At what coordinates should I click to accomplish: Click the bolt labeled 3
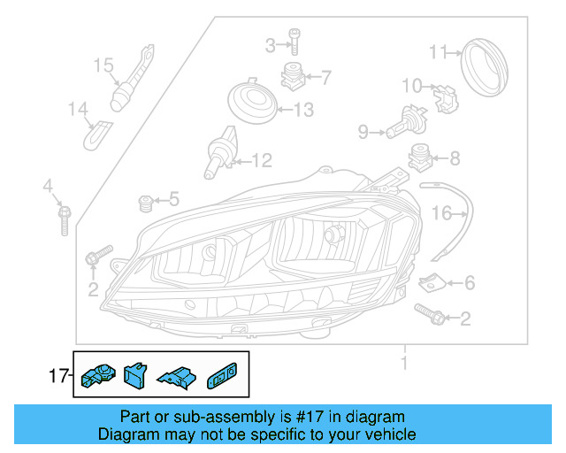pyautogui.click(x=294, y=43)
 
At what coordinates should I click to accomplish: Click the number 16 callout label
pyautogui.click(x=441, y=213)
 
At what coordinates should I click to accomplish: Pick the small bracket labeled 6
pyautogui.click(x=430, y=283)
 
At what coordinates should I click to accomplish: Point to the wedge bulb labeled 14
pyautogui.click(x=96, y=134)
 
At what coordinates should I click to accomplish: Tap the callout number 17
pyautogui.click(x=58, y=377)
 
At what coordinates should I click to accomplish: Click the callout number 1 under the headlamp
pyautogui.click(x=403, y=363)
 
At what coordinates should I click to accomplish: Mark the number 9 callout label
pyautogui.click(x=363, y=133)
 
